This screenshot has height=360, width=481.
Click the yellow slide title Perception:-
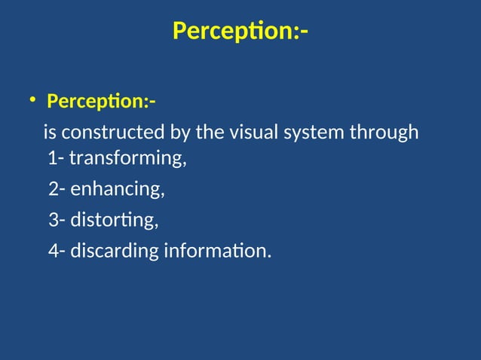tap(240, 32)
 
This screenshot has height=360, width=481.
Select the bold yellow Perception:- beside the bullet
tap(102, 100)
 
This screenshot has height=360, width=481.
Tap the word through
tap(384, 133)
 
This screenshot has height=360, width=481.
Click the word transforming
tap(127, 160)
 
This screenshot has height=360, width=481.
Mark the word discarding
tap(115, 250)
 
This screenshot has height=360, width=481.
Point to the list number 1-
tap(56, 160)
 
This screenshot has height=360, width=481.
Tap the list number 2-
tap(57, 189)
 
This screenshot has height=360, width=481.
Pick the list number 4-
tap(57, 250)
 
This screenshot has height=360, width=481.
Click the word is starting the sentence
tap(50, 133)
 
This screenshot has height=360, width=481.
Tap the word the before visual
tap(209, 133)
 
